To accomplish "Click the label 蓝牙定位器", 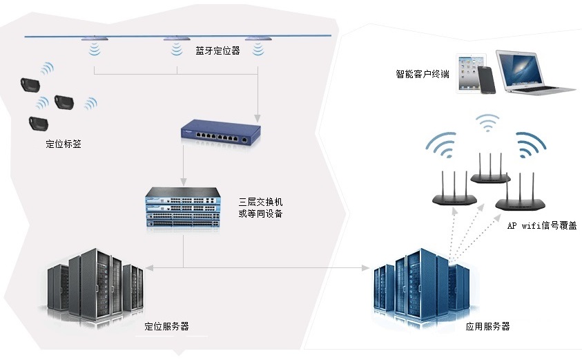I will point(217,50).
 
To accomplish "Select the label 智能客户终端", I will point(423,73).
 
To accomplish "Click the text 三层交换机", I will point(260,202).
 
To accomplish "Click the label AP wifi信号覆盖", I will point(542,225).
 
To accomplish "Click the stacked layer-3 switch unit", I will point(182,208).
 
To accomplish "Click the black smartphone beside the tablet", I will point(489,79).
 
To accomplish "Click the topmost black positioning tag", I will point(30,84).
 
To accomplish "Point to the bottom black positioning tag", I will point(38,124).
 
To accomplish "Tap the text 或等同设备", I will point(260,214).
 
